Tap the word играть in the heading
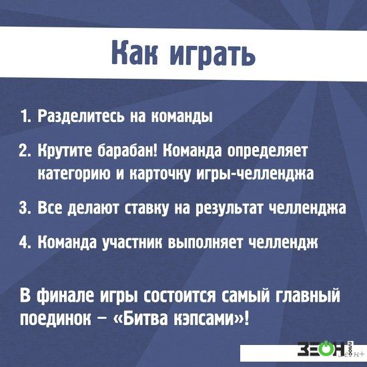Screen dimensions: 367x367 click(212, 55)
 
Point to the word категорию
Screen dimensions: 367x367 click(75, 175)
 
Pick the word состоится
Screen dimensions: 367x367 click(179, 296)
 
